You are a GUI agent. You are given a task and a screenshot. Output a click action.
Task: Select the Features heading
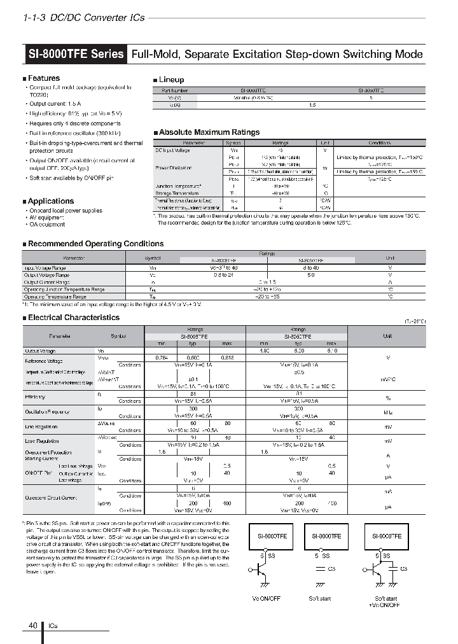pos(43,78)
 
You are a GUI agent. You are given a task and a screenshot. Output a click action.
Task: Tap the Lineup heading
pos(170,80)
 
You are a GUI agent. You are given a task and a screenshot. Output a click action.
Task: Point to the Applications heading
pos(51,201)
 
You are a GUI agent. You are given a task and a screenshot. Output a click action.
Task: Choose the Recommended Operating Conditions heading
pos(95,244)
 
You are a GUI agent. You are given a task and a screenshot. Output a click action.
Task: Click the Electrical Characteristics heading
pos(73,317)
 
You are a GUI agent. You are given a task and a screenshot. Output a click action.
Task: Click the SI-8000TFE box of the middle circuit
pos(326,536)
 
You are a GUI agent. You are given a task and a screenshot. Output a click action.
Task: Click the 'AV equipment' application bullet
pos(46,217)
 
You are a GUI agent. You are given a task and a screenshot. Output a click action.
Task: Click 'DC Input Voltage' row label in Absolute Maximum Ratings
pos(173,150)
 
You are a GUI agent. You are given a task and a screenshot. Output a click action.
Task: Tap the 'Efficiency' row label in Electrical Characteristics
pos(35,396)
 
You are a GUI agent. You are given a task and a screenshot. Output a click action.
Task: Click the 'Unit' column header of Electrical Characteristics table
pos(387,335)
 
